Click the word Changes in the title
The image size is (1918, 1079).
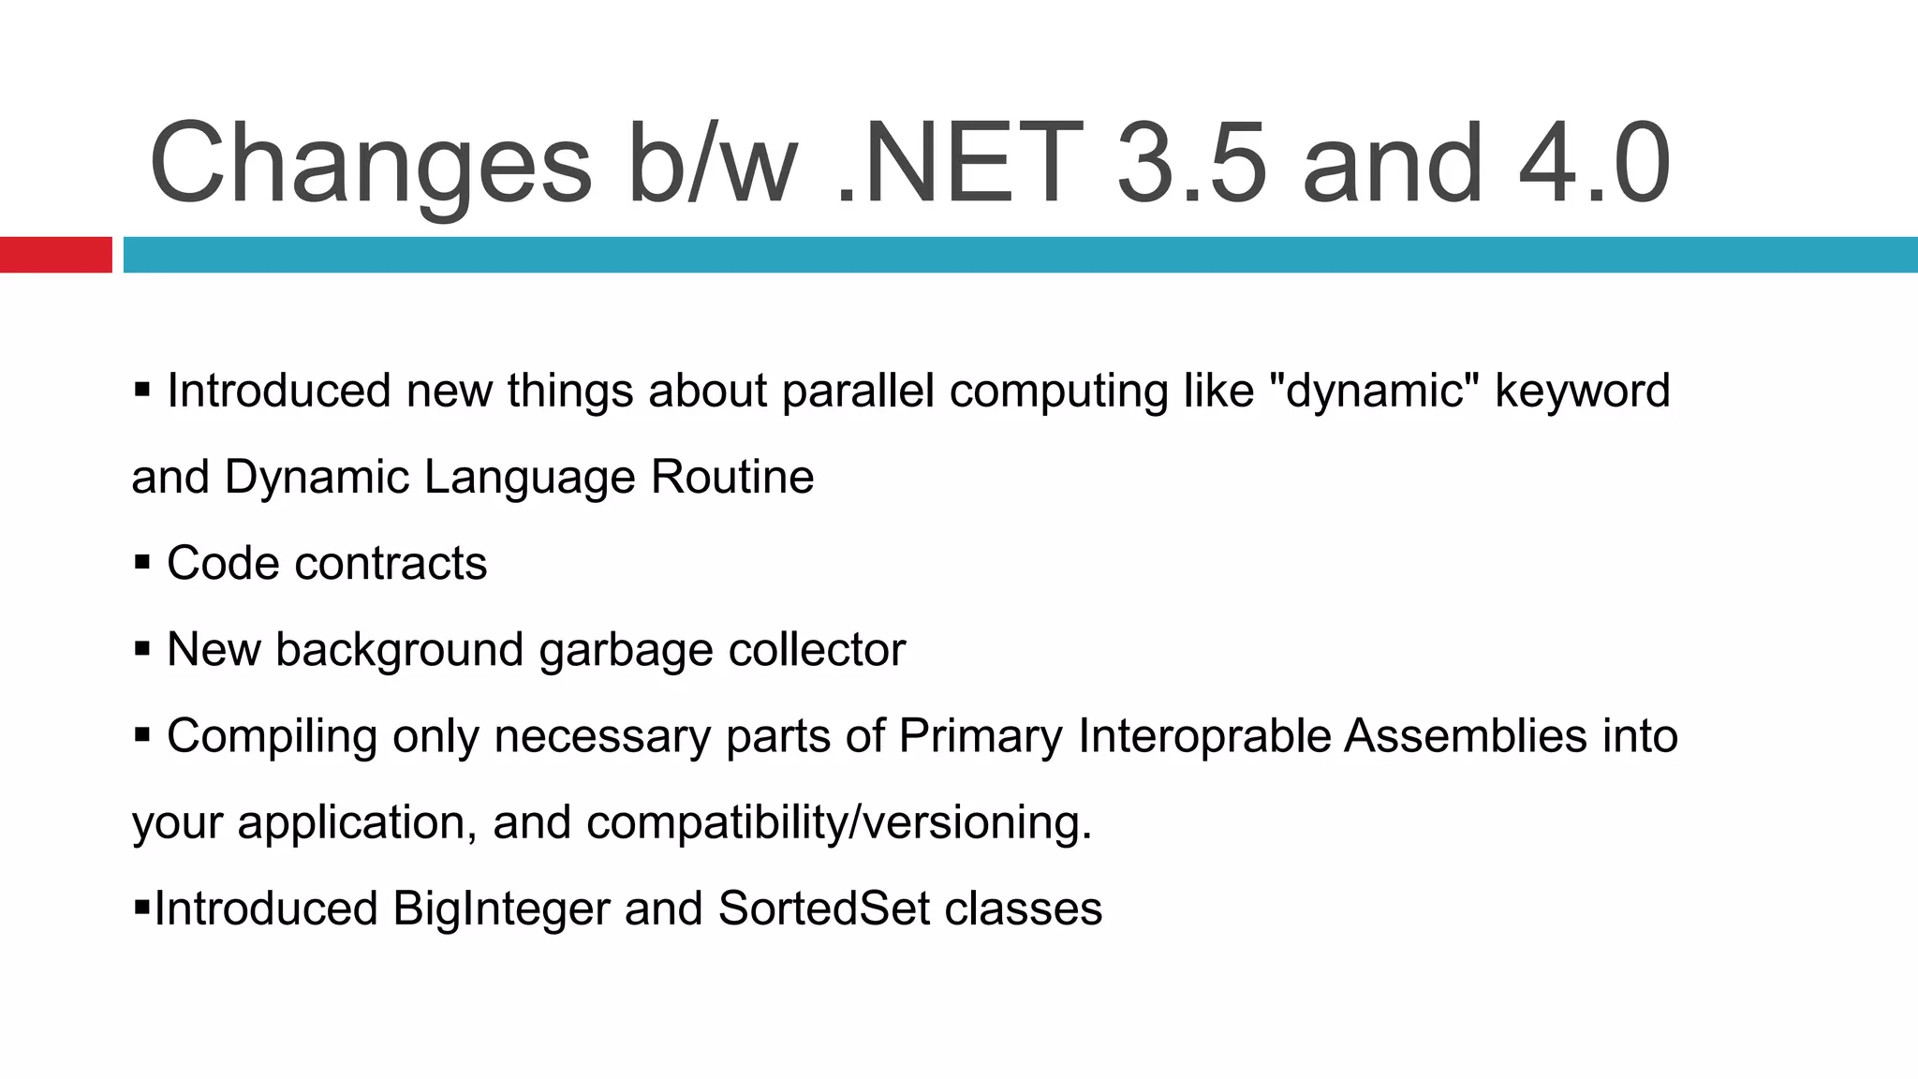coord(370,164)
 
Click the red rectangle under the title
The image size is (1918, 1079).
coord(55,255)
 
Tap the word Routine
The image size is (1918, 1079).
coord(731,477)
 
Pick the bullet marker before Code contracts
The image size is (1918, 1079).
coord(142,563)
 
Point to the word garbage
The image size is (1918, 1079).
coord(626,650)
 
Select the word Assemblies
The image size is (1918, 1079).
coord(1466,735)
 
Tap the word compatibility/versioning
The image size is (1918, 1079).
coord(839,822)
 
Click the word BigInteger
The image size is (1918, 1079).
coord(501,909)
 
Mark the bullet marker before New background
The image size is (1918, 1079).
coord(142,649)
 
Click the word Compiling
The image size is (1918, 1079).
coord(272,736)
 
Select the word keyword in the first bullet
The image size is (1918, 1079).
coord(1582,391)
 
